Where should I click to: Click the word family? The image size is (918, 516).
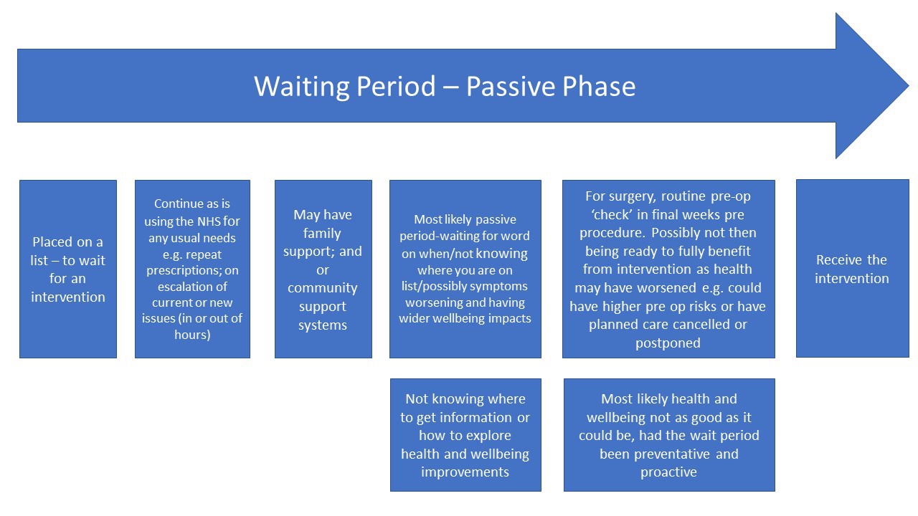(323, 233)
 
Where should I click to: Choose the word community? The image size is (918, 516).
(323, 288)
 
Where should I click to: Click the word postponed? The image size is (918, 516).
(668, 343)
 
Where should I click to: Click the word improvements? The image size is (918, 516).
(465, 472)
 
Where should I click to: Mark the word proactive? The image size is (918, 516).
(668, 472)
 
